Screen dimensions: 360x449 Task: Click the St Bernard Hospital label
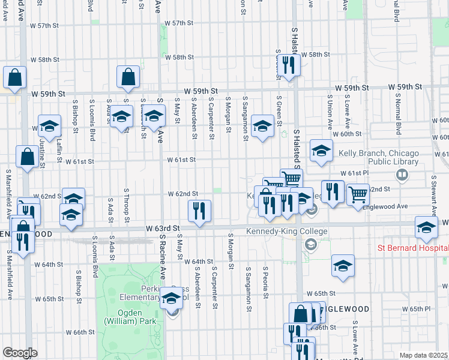click(x=412, y=248)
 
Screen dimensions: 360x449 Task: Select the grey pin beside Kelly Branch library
click(x=402, y=175)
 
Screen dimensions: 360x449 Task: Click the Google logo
click(x=20, y=353)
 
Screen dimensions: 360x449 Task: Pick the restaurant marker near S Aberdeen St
click(x=199, y=211)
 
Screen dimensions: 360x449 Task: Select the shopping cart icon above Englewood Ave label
click(x=358, y=194)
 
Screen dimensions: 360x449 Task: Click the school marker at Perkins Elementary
click(x=171, y=298)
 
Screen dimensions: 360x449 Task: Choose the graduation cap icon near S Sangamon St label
click(x=262, y=126)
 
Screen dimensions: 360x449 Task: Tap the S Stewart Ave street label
click(x=433, y=193)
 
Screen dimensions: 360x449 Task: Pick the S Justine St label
click(x=42, y=150)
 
